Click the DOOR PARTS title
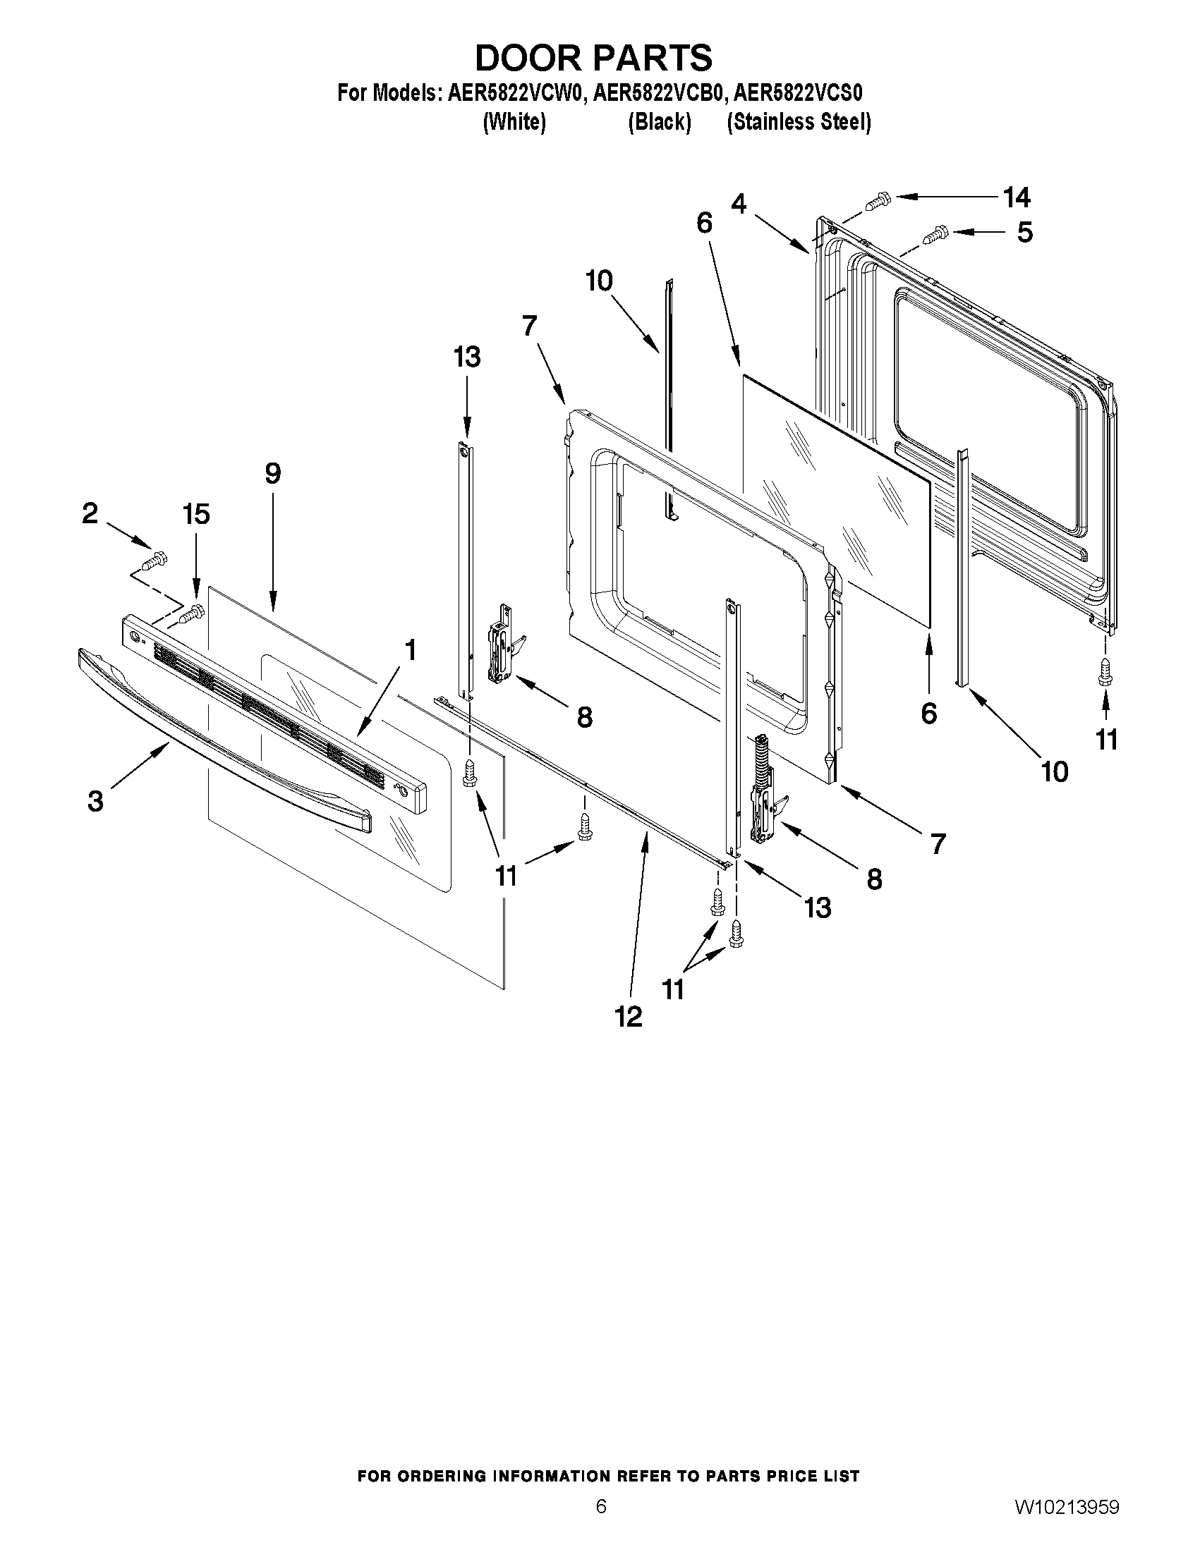[x=593, y=59]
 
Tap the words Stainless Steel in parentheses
[x=799, y=122]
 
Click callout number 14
[x=1016, y=197]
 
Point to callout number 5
[x=1024, y=233]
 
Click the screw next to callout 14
[x=879, y=201]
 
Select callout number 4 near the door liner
[x=739, y=204]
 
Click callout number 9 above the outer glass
[x=273, y=473]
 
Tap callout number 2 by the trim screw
[x=90, y=513]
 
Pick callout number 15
[x=197, y=514]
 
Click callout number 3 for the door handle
[x=95, y=801]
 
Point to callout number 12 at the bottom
[x=629, y=1017]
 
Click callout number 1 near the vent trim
[x=410, y=649]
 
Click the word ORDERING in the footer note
[x=451, y=1476]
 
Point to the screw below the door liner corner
[x=1104, y=671]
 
